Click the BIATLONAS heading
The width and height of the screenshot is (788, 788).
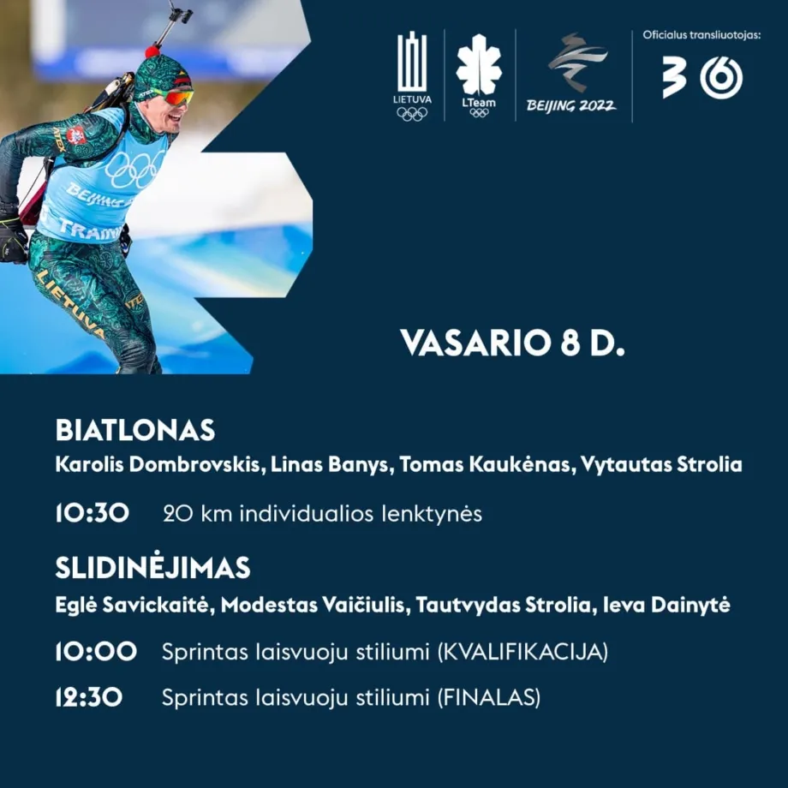[135, 430]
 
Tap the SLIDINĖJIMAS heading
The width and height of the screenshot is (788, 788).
[152, 567]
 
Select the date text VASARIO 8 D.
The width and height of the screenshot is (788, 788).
[512, 343]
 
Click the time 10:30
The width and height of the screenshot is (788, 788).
[93, 513]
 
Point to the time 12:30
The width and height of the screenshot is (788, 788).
[89, 697]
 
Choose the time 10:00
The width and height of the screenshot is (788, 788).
[96, 651]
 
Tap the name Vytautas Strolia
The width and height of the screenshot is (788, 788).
[661, 464]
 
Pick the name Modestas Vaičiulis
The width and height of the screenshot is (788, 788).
[313, 605]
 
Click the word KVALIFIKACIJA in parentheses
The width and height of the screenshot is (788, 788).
[522, 652]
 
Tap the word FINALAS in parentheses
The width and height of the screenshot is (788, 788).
[489, 697]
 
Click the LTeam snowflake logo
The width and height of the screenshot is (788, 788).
[479, 75]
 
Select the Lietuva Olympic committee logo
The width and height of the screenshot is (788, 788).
[412, 76]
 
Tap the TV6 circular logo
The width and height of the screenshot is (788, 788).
[721, 78]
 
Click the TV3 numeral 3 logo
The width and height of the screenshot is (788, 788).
[673, 77]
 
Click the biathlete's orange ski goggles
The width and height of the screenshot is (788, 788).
[177, 96]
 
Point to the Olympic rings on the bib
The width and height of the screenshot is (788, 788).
[134, 169]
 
